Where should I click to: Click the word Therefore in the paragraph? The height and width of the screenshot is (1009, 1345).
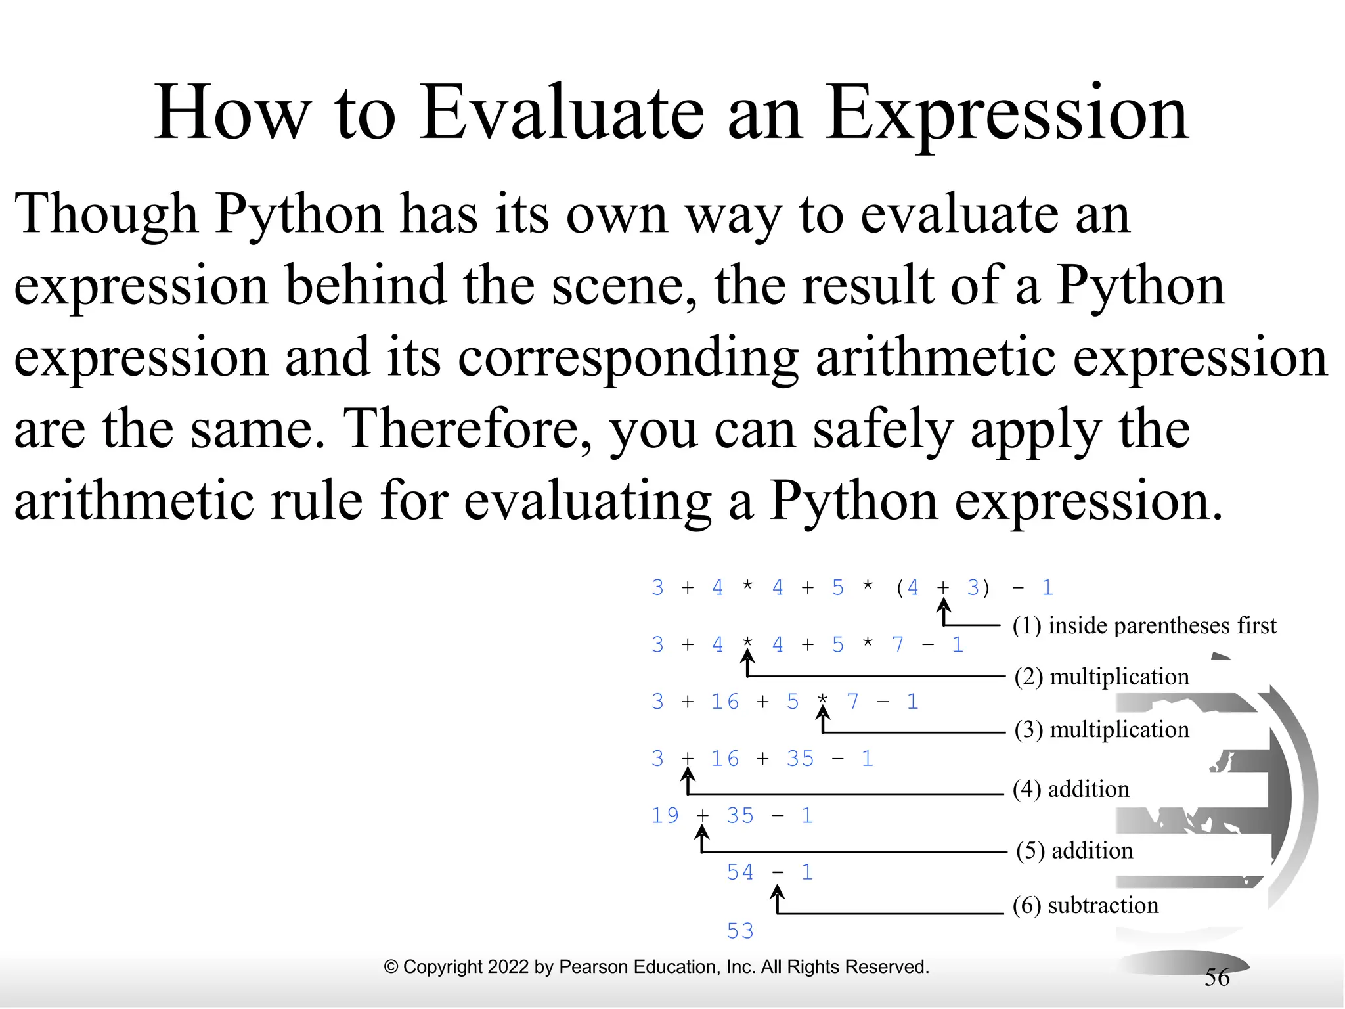click(466, 429)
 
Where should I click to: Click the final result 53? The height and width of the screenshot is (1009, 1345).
click(739, 931)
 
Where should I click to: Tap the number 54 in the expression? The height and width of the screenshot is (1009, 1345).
click(739, 872)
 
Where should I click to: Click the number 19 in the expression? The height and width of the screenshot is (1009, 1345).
click(665, 815)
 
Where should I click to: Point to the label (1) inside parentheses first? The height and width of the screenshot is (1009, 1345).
click(1144, 625)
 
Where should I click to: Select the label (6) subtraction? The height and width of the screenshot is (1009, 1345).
click(1085, 905)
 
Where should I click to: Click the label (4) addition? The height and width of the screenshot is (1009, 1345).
click(1070, 789)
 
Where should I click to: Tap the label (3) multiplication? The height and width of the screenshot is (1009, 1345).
click(1101, 729)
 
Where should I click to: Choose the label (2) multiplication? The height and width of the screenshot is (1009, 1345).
click(1101, 677)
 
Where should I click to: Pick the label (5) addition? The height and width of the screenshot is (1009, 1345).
click(1074, 851)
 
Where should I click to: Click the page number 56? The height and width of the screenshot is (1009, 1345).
click(1216, 977)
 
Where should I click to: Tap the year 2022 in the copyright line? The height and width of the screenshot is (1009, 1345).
click(509, 967)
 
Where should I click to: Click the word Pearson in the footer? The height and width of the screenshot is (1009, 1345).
click(589, 967)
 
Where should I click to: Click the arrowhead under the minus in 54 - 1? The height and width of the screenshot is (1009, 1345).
click(777, 892)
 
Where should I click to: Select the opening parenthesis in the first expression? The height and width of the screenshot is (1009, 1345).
click(900, 587)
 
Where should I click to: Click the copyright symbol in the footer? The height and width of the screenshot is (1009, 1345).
click(391, 967)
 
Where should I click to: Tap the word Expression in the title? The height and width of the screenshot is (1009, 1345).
click(1006, 113)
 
